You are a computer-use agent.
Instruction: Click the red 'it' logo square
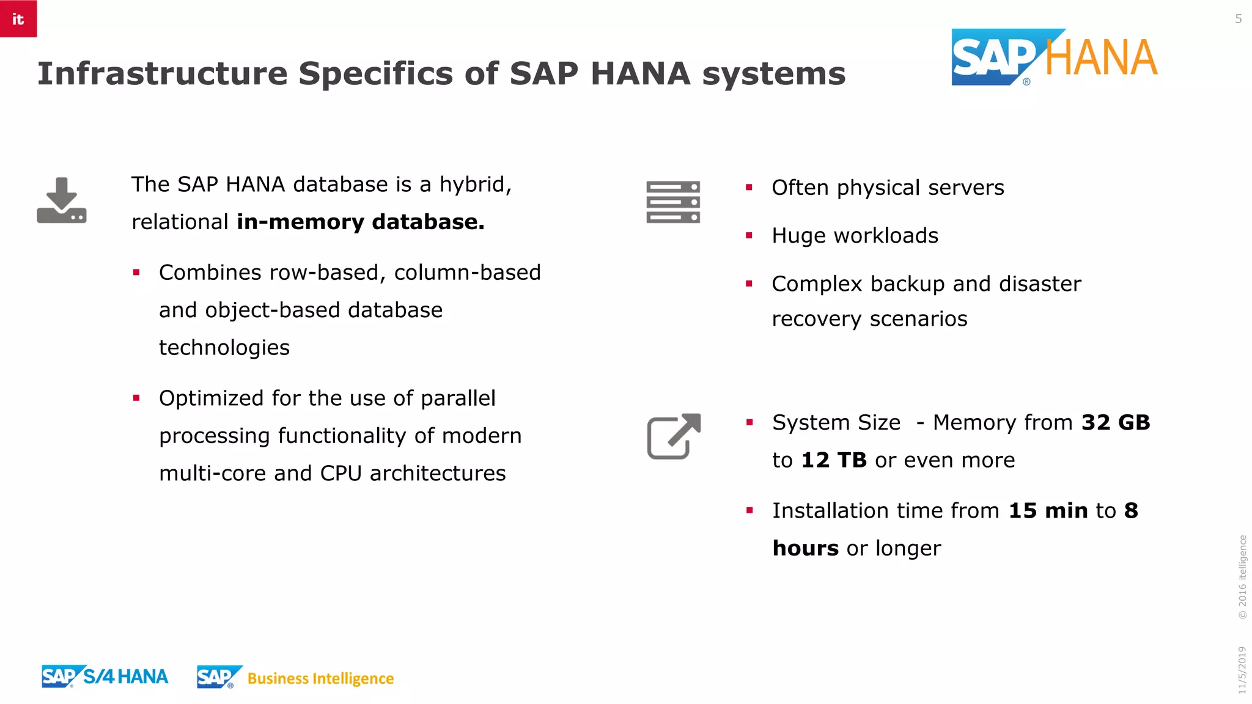pyautogui.click(x=18, y=18)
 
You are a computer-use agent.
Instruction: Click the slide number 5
pyautogui.click(x=1238, y=19)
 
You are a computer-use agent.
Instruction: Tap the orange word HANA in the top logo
pyautogui.click(x=1101, y=59)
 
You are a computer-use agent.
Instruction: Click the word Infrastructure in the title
pyautogui.click(x=162, y=74)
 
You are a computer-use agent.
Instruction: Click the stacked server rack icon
pyautogui.click(x=673, y=202)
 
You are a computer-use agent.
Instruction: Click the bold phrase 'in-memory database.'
pyautogui.click(x=361, y=222)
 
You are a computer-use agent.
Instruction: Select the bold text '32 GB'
pyautogui.click(x=1116, y=423)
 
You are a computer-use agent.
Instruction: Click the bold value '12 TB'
pyautogui.click(x=834, y=460)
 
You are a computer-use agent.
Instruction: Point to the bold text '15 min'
pyautogui.click(x=1048, y=511)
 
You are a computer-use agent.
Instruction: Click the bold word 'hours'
pyautogui.click(x=805, y=549)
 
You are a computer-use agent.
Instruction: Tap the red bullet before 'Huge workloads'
pyautogui.click(x=749, y=236)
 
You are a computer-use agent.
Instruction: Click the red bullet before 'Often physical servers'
pyautogui.click(x=749, y=188)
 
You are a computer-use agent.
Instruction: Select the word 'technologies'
pyautogui.click(x=224, y=348)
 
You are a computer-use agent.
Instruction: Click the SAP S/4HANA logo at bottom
pyautogui.click(x=105, y=676)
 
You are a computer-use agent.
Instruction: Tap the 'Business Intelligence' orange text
pyautogui.click(x=320, y=679)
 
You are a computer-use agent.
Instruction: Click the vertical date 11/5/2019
pyautogui.click(x=1242, y=670)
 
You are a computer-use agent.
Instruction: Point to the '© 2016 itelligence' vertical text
pyautogui.click(x=1242, y=577)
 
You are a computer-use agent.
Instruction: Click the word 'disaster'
pyautogui.click(x=1040, y=284)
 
